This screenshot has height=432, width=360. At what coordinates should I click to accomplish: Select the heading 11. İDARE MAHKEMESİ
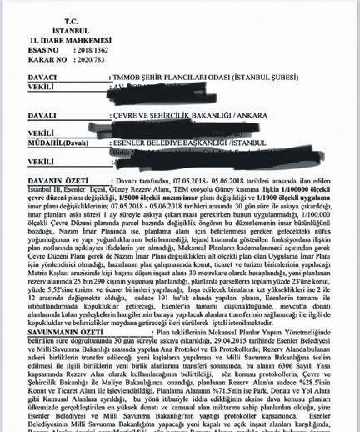coord(57,39)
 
